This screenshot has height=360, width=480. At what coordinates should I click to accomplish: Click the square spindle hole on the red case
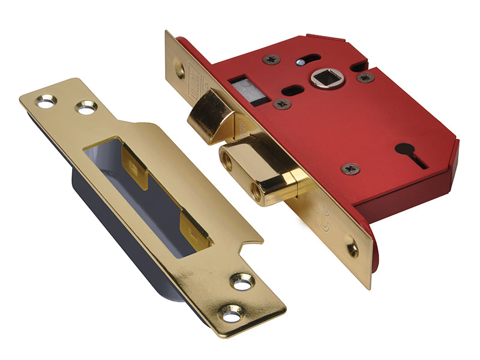[x=329, y=79]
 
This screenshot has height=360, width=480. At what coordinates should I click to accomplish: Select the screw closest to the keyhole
[x=350, y=168]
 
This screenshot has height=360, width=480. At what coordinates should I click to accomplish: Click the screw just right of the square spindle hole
[x=365, y=77]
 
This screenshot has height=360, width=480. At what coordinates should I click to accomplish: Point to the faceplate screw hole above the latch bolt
[x=178, y=69]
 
